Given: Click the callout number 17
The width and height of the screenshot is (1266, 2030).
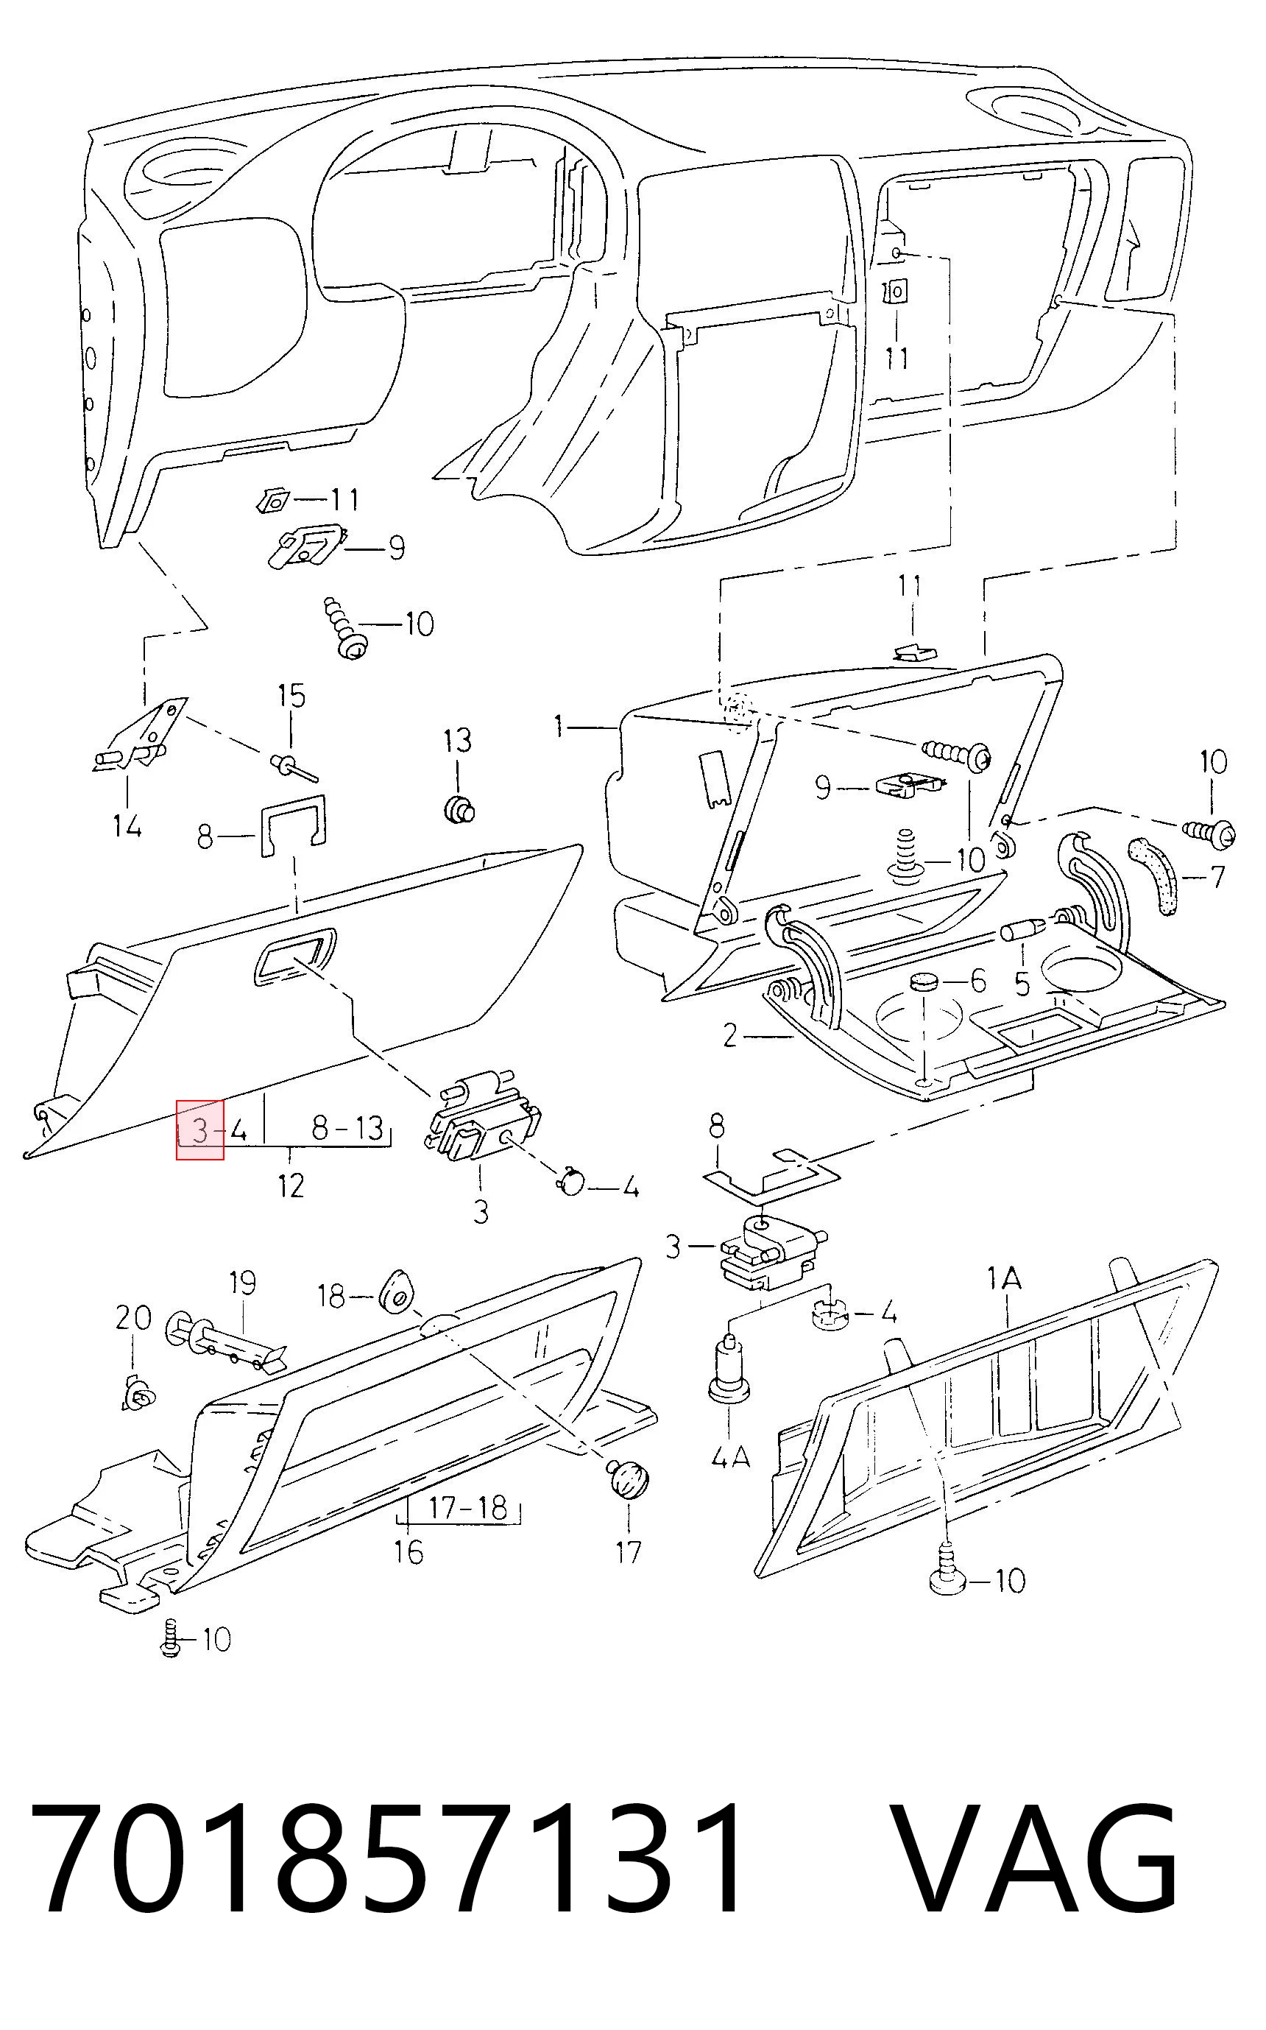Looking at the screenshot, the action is pos(628,1552).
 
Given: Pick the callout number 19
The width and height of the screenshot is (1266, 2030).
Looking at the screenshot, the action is pos(242,1283).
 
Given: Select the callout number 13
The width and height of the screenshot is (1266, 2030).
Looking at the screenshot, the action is pos(457,740).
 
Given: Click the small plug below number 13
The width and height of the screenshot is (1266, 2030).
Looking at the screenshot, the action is pos(458,809).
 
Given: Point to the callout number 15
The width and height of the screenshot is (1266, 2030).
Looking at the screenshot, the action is pos(291,696).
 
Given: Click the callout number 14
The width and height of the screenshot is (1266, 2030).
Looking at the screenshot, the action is pos(127,827).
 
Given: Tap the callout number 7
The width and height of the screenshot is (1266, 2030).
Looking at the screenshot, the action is pos(1217,877).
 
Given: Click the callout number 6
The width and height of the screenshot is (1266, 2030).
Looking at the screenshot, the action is pos(978,981).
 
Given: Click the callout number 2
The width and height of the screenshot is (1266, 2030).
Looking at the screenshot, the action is pos(730,1037).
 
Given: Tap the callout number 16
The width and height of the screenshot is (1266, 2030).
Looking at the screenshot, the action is pos(409,1552).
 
